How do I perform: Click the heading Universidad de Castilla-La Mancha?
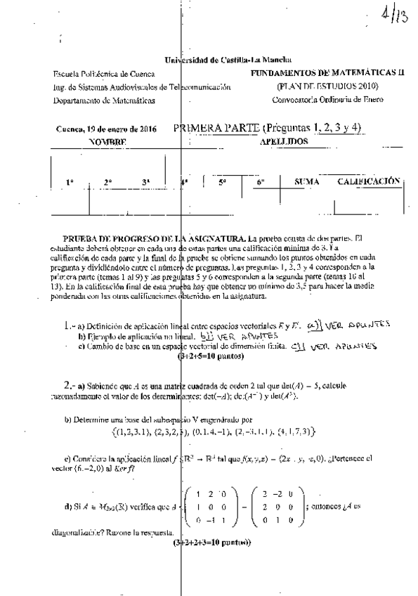pyautogui.click(x=228, y=62)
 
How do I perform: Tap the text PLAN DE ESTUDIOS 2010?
pyautogui.click(x=328, y=86)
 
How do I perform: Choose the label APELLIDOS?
pyautogui.click(x=285, y=141)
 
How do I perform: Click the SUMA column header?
pyautogui.click(x=307, y=182)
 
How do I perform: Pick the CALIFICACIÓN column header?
pyautogui.click(x=369, y=181)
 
